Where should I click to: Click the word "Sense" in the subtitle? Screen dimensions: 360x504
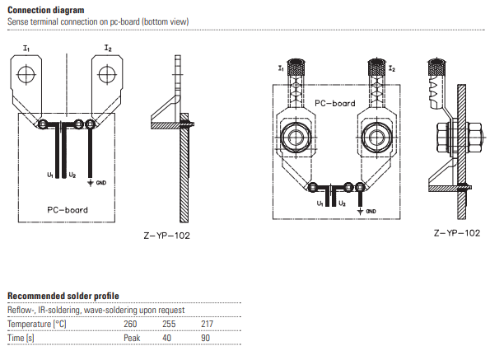pos(18,20)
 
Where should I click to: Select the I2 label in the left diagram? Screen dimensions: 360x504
pos(108,49)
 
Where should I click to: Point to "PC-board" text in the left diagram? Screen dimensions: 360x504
pos(68,209)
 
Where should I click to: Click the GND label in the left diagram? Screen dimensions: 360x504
pos(100,182)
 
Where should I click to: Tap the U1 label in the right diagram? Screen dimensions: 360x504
pos(320,202)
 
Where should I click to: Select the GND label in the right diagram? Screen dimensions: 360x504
pos(371,211)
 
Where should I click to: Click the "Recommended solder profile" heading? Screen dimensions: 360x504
pos(63,296)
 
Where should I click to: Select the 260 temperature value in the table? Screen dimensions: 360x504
pos(130,324)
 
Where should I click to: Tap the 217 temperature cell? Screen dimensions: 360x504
pos(208,324)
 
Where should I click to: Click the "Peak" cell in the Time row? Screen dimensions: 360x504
pos(132,338)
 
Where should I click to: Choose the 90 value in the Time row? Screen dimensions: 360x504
pos(206,338)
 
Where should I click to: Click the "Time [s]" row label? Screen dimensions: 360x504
pos(21,338)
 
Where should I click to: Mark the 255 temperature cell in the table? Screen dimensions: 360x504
pos(169,324)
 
